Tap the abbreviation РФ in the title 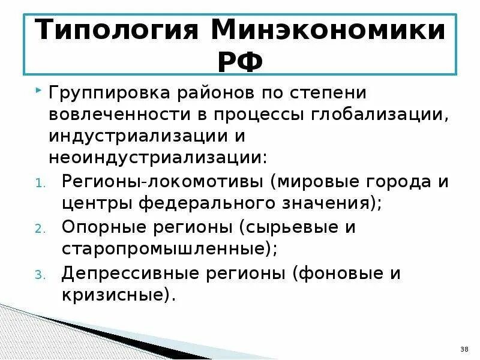tap(240, 61)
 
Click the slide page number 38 tap(464, 349)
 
